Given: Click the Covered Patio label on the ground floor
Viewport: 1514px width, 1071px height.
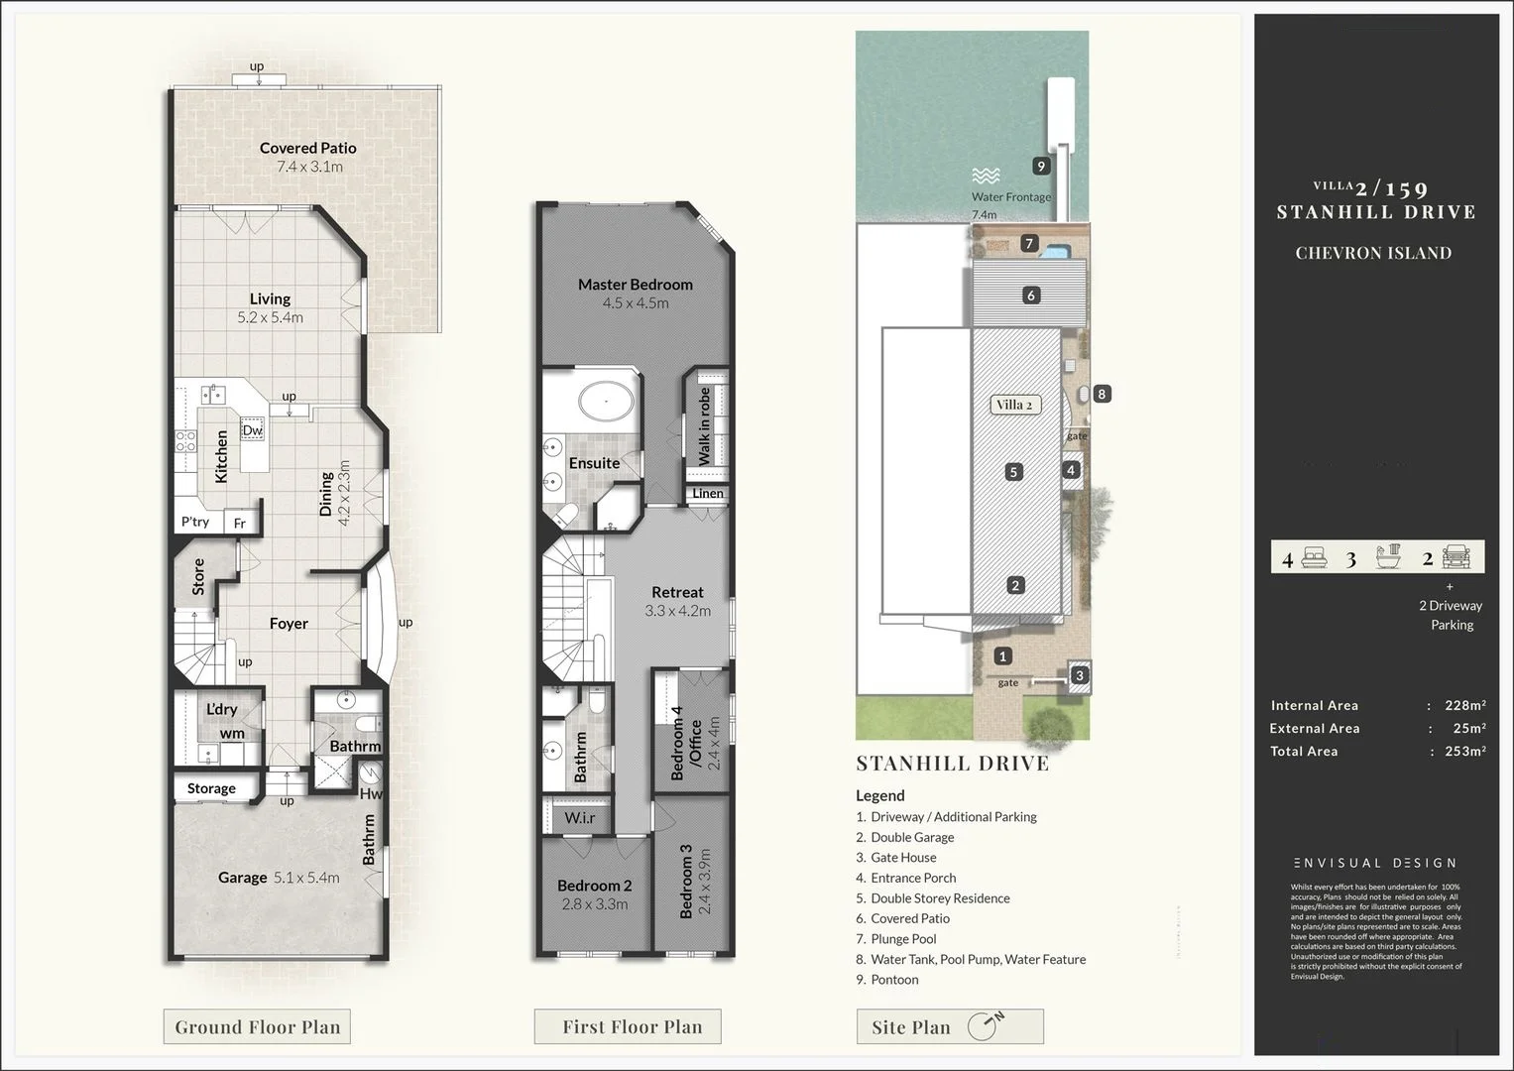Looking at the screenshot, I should point(307,149).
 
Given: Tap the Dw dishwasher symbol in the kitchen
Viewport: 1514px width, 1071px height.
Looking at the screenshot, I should point(252,430).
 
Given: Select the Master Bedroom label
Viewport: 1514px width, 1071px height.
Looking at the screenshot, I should point(635,285).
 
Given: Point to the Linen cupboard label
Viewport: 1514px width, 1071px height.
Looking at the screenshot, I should point(707,493).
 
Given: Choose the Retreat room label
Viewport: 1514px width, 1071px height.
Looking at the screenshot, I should point(677,592).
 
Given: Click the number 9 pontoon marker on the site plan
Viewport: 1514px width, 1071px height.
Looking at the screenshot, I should point(1040,167).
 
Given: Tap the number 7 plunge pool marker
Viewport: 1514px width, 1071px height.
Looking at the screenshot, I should point(1029,244).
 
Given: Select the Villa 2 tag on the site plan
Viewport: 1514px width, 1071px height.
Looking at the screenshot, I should point(1013,405).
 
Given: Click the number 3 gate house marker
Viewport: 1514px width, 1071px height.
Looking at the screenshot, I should point(1080,676).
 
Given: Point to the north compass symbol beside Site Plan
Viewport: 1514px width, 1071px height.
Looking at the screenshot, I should point(985,1026).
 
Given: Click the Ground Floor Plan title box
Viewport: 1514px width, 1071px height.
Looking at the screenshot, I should point(257,1027).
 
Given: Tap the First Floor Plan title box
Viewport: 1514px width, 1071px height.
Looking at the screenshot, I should point(632,1027).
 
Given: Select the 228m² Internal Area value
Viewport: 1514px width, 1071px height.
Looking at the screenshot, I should point(1464,706).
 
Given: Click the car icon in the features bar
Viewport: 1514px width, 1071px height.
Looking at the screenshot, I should point(1457,557).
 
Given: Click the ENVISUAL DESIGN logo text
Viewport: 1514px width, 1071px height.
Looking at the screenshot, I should point(1374,863).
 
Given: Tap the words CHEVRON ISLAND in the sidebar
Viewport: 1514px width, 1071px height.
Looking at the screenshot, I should point(1373,253).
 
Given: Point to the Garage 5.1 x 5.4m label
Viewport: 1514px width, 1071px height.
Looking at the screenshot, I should point(279,878).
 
